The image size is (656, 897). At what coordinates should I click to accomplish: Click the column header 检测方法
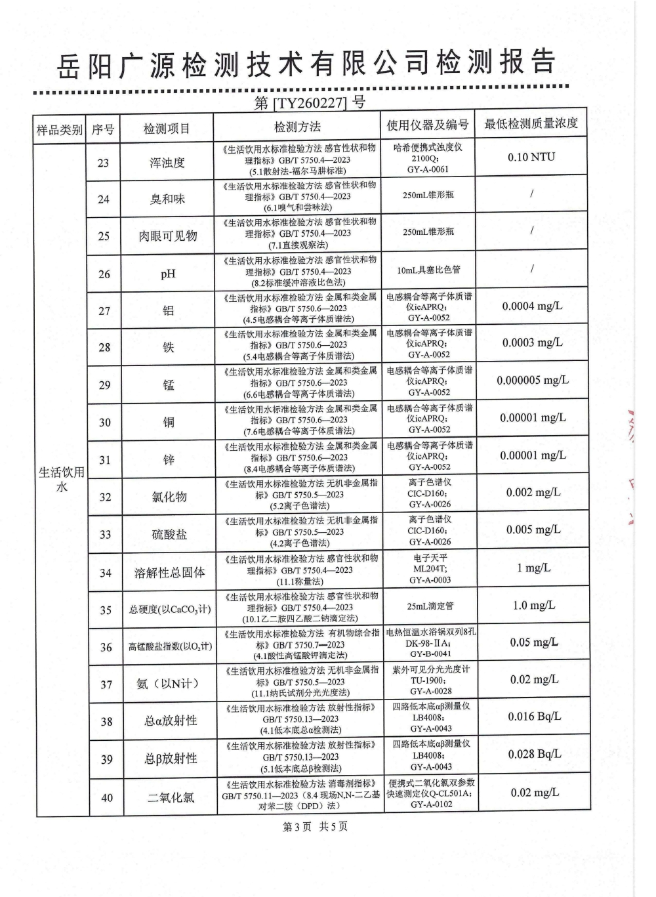click(x=298, y=127)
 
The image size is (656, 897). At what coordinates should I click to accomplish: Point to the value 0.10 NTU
click(x=531, y=157)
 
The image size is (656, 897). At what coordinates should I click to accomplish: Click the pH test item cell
click(x=168, y=274)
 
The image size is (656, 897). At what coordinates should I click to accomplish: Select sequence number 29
click(x=104, y=385)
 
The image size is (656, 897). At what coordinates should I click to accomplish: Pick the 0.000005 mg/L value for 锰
click(x=532, y=381)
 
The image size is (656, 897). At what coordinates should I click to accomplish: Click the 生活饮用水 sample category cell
click(x=61, y=480)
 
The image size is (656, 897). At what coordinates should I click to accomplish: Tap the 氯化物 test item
click(x=169, y=497)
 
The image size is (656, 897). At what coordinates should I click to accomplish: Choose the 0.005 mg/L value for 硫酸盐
click(x=533, y=530)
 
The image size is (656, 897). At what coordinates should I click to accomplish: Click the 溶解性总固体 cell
click(x=169, y=573)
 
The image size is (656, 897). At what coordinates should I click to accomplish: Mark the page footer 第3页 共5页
click(x=315, y=827)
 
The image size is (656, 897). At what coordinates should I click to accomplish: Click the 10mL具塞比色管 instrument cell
click(x=429, y=270)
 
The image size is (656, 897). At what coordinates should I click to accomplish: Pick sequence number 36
click(x=106, y=648)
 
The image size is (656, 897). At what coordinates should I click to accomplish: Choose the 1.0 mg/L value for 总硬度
click(x=533, y=606)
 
